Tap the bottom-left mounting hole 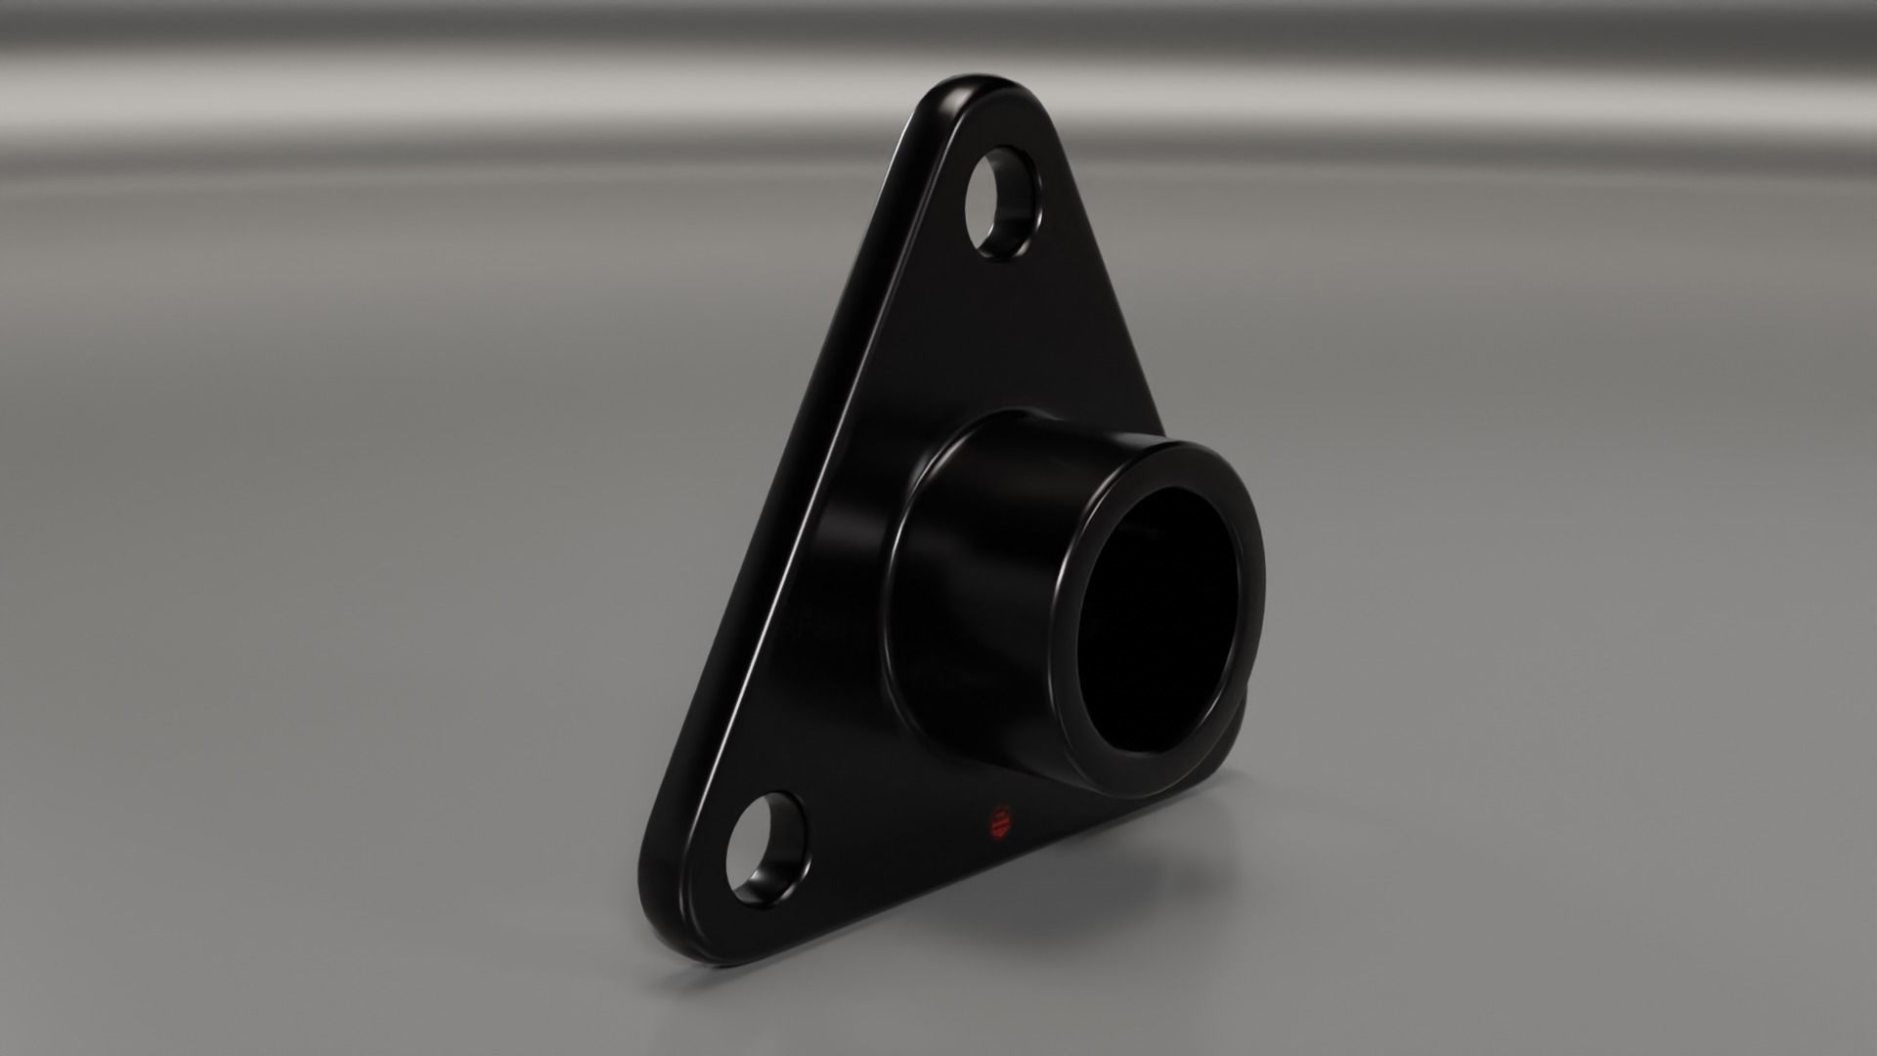point(769,849)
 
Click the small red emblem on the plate point(1000,824)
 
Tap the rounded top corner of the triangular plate point(978,93)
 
